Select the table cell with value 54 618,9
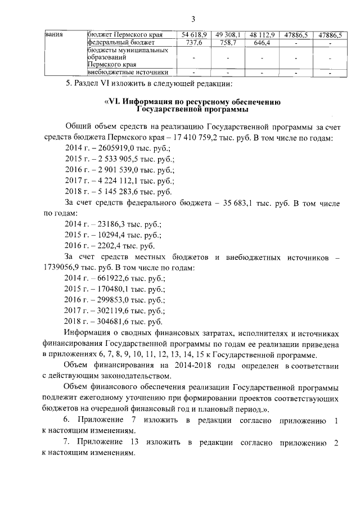click(x=195, y=35)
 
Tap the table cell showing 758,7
click(x=228, y=42)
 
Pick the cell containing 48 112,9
click(x=262, y=35)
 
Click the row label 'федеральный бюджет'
click(x=120, y=42)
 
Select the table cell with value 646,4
click(x=262, y=42)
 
